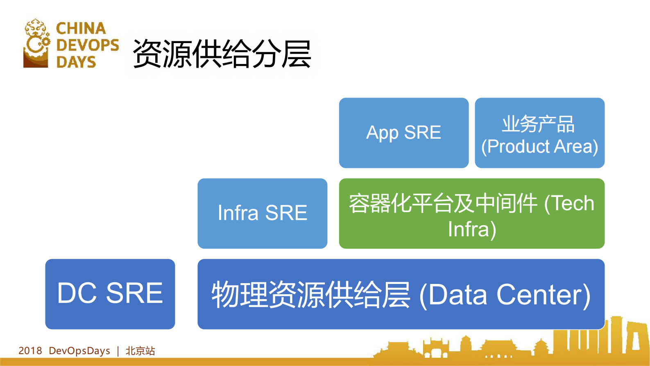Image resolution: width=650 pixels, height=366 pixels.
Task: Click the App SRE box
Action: tap(403, 133)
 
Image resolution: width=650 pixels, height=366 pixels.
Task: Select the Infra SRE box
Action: tap(262, 213)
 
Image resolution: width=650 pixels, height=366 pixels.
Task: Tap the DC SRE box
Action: tap(110, 294)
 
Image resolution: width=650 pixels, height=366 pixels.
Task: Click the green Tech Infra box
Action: tap(471, 213)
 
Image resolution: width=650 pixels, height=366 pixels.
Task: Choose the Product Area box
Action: tap(539, 133)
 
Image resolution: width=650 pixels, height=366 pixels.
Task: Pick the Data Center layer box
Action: tap(401, 294)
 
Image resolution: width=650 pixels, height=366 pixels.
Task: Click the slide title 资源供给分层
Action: tap(222, 54)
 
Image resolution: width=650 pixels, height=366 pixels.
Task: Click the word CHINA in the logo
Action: tap(81, 28)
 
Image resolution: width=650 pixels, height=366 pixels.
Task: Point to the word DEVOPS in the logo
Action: tap(87, 45)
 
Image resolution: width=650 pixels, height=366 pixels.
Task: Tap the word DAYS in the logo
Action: tap(76, 62)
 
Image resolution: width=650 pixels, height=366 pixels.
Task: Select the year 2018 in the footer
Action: tap(30, 351)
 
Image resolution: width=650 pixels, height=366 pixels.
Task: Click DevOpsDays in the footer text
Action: tap(79, 351)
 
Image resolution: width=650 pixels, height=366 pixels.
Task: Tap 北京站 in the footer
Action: tap(140, 351)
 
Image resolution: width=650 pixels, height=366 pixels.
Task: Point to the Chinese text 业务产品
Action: tap(538, 124)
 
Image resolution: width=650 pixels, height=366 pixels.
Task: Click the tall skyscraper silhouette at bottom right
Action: tap(616, 334)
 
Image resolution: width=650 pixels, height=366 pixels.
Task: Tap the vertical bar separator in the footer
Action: tap(118, 351)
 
